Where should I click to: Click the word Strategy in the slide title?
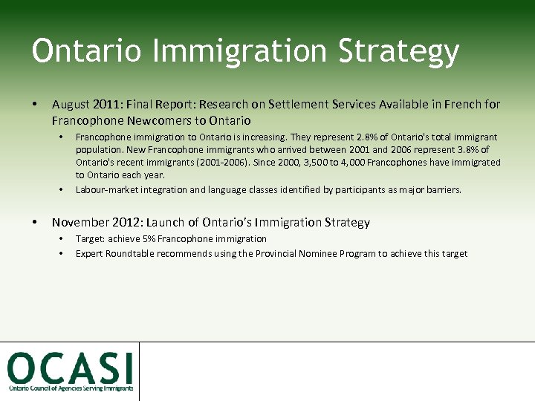tap(398, 52)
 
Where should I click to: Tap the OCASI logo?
tap(71, 370)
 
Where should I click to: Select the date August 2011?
tap(81, 105)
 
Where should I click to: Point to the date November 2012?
tap(97, 222)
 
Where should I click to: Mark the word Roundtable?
tap(127, 254)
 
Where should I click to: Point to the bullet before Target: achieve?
tap(61, 239)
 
